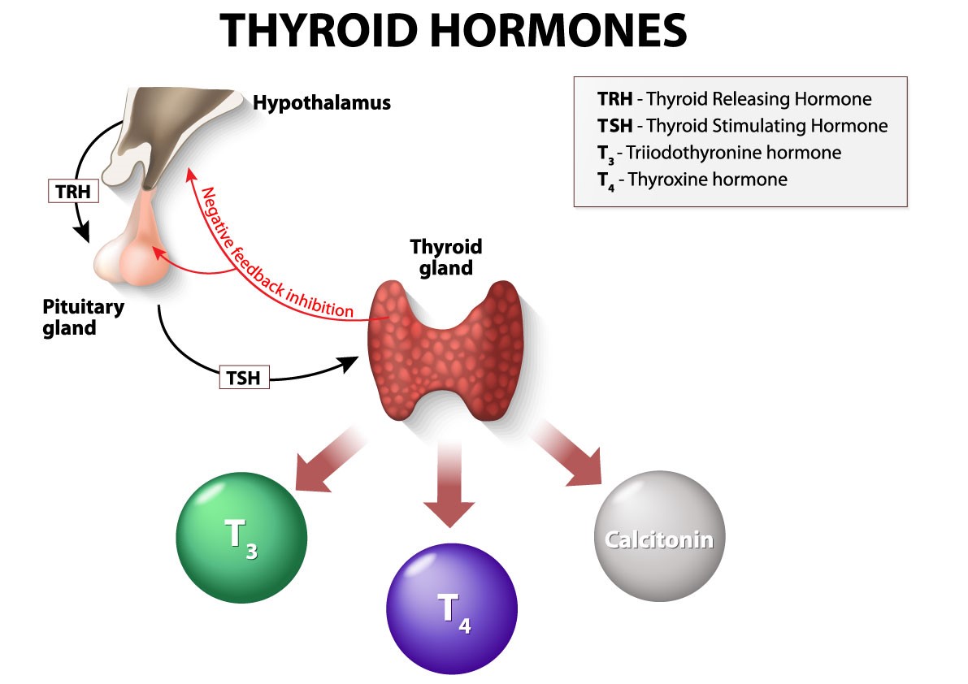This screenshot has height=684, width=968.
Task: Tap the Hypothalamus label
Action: tap(322, 103)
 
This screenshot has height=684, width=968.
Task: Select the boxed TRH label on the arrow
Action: tap(72, 192)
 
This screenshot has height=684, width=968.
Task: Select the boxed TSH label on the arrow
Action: tap(244, 377)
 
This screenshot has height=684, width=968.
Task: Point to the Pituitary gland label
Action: tap(83, 318)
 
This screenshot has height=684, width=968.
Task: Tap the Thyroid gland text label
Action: tap(445, 257)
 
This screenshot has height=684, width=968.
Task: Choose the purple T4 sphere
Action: tap(451, 612)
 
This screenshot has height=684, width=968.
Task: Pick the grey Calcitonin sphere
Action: tap(659, 539)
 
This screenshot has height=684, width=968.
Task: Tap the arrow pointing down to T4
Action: tap(449, 487)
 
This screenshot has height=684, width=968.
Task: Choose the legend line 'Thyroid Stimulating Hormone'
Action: tap(742, 126)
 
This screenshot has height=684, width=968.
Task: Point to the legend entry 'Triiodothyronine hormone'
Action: tap(718, 153)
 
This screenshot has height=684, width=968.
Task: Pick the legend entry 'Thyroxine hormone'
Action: tap(692, 180)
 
